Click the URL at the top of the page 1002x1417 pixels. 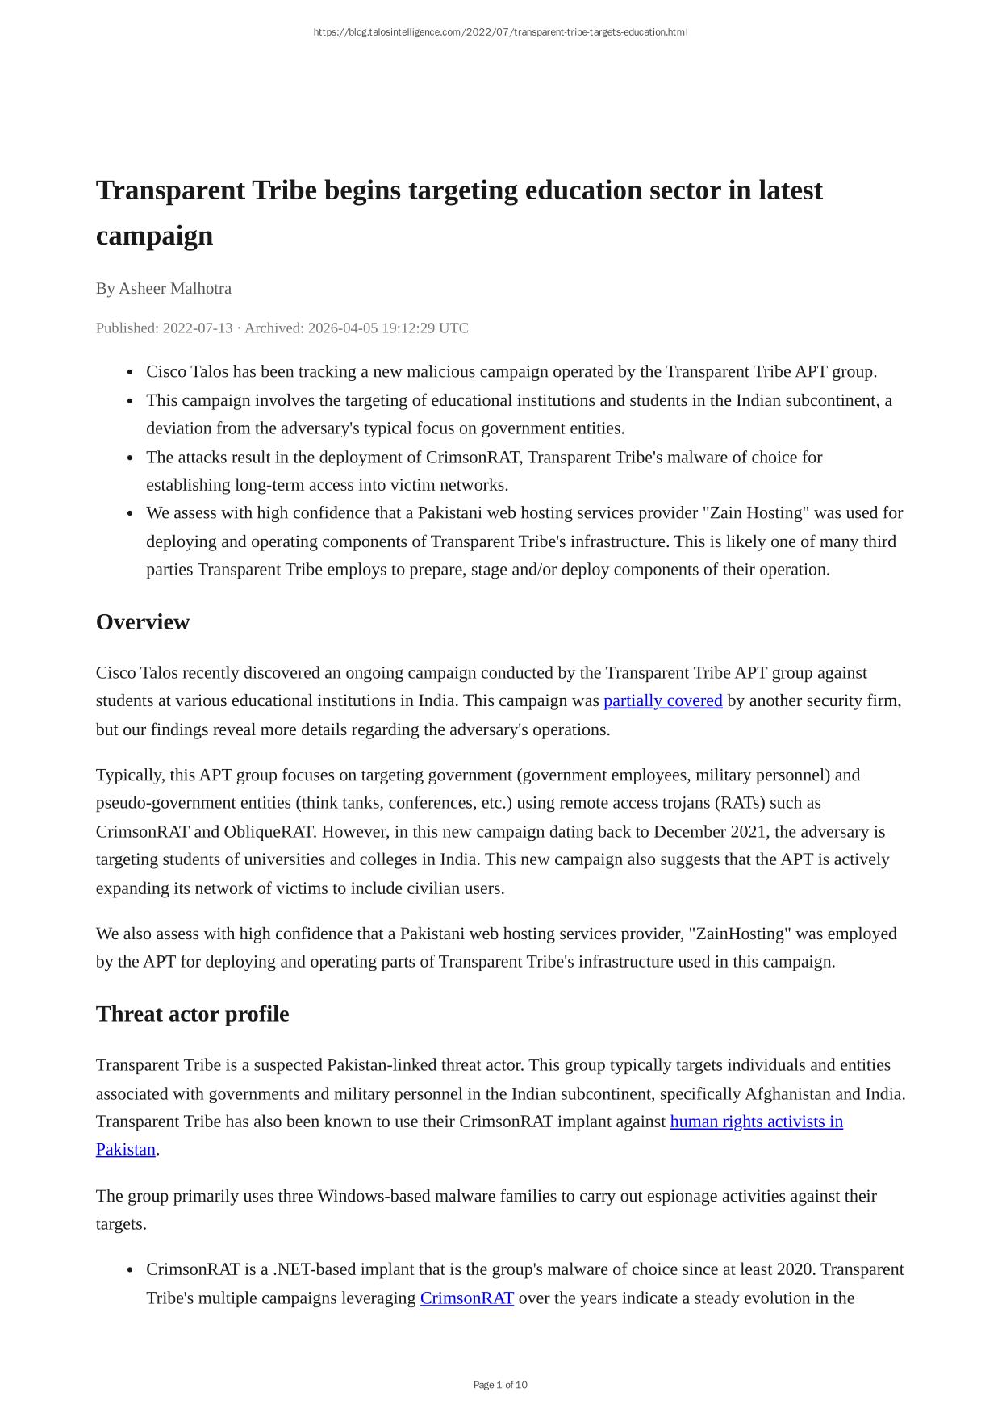[500, 32]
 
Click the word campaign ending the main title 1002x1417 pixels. [154, 236]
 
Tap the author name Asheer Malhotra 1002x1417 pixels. [175, 289]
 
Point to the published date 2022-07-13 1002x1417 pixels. [198, 328]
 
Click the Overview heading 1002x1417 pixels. [143, 622]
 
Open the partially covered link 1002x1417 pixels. [662, 700]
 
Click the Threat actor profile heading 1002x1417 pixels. [192, 1014]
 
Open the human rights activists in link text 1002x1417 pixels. [756, 1122]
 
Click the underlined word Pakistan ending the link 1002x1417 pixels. [126, 1150]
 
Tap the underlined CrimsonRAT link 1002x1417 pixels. [466, 1298]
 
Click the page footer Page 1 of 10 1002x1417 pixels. [500, 1385]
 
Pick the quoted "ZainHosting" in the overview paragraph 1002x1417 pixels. [741, 934]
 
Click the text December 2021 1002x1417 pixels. [710, 832]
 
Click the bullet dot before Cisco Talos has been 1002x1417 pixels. [130, 373]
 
